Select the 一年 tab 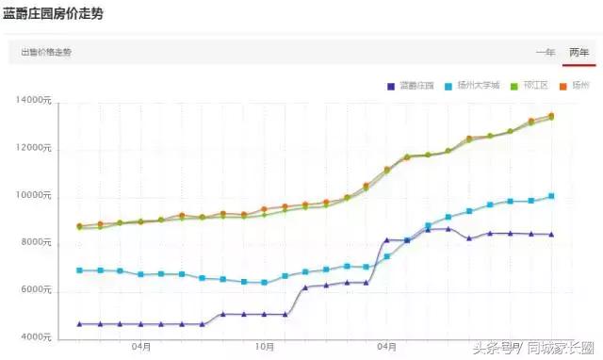tap(546, 52)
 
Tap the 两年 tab tap(579, 52)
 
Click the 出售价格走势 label tap(46, 52)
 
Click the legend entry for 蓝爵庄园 tap(411, 86)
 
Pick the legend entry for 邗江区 tap(530, 86)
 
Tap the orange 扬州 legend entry tap(575, 86)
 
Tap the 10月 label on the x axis tap(265, 347)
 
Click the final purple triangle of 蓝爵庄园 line tap(551, 235)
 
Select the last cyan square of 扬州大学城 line tap(551, 196)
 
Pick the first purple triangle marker tap(80, 324)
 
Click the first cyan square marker tap(80, 270)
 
